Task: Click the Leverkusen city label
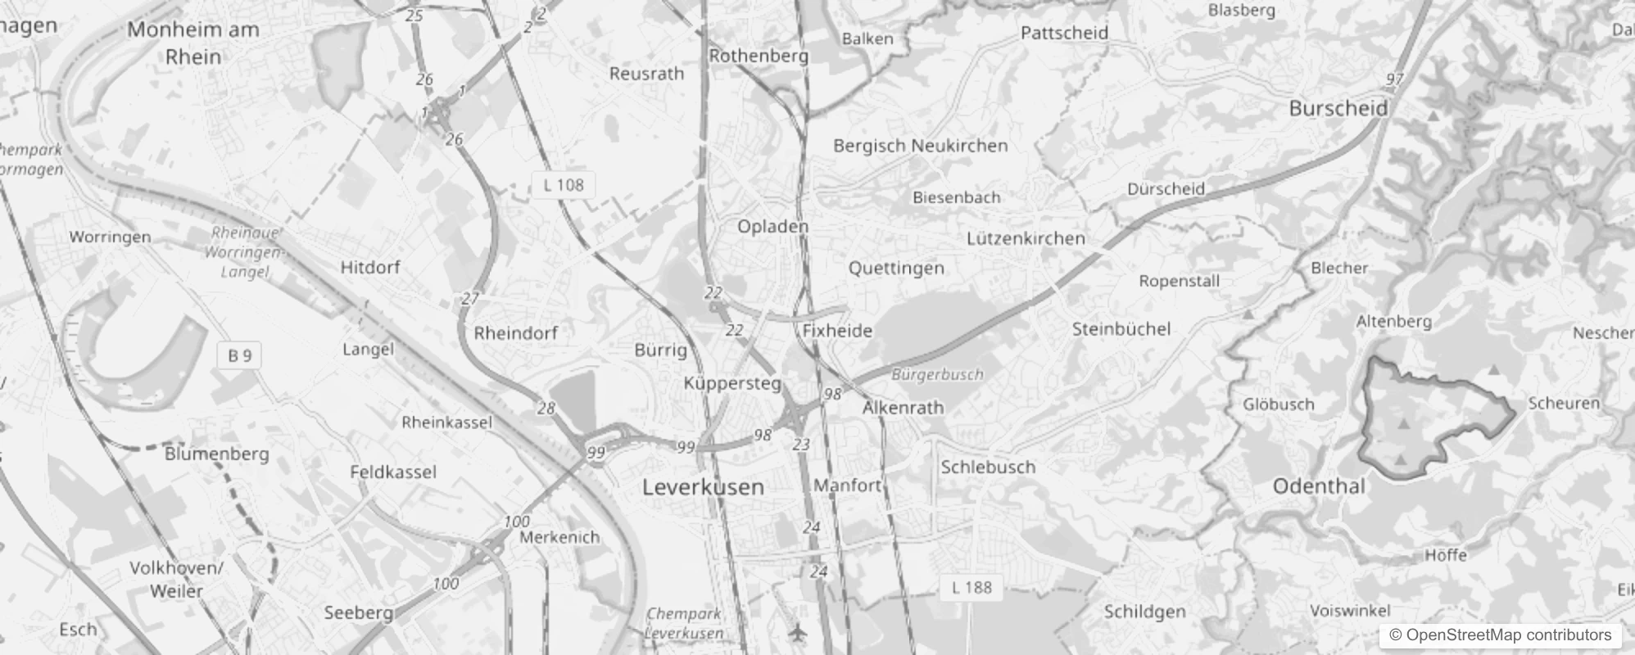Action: tap(703, 487)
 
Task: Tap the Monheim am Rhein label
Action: tap(193, 43)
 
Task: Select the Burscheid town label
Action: tap(1338, 108)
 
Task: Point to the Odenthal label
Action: tap(1319, 486)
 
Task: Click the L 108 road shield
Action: tap(564, 185)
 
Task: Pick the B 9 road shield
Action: tap(239, 355)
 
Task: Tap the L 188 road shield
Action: tap(971, 587)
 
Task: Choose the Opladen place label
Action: tap(772, 226)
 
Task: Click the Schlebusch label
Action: tap(988, 467)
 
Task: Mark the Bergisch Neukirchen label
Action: tap(920, 146)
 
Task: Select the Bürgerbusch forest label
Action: tap(937, 375)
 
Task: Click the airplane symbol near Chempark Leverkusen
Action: tap(797, 632)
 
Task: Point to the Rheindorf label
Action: tap(515, 333)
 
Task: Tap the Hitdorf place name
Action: tap(370, 268)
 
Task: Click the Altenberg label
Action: tap(1393, 321)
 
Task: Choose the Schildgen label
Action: tap(1144, 612)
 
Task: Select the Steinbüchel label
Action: tap(1121, 329)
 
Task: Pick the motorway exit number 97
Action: tap(1394, 79)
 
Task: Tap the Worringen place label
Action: tap(110, 237)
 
